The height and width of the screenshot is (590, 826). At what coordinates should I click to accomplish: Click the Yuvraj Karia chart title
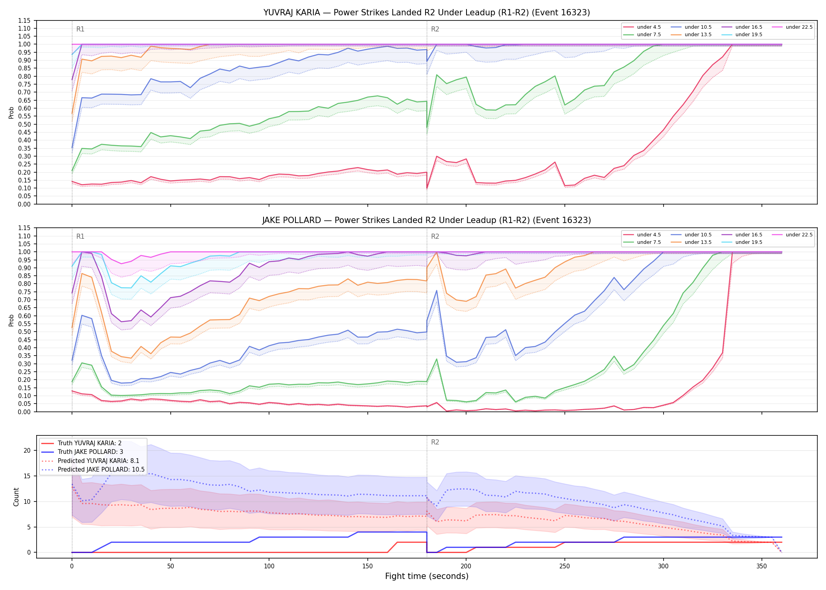point(427,13)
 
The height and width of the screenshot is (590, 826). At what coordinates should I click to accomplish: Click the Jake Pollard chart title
point(427,220)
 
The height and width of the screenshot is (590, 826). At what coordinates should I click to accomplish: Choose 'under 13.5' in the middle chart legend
point(698,242)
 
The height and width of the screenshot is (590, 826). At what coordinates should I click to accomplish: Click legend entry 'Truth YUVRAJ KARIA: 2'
point(90,443)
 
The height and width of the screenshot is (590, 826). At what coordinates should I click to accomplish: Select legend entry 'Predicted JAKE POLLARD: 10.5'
point(101,470)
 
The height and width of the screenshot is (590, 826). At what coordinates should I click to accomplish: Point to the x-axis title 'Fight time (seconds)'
point(427,576)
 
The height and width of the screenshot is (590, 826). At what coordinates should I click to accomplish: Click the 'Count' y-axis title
point(16,497)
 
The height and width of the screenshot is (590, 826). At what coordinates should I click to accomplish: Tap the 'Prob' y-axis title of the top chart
point(11,112)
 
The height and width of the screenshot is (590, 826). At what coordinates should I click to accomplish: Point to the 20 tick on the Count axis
point(27,451)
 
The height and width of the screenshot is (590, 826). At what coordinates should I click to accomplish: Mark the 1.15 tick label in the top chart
point(24,20)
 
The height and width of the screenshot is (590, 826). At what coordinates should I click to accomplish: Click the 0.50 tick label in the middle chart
point(24,332)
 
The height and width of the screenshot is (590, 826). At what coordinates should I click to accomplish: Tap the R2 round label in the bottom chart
point(435,442)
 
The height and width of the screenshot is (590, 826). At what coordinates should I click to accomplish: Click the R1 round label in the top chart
point(80,29)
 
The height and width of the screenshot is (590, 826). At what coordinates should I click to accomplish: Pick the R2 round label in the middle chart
point(435,236)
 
